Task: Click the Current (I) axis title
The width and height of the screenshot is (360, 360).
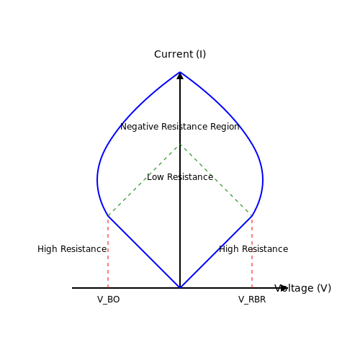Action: click(180, 54)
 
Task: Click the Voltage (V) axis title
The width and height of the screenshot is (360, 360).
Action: click(302, 288)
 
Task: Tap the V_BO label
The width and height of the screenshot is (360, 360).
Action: click(108, 300)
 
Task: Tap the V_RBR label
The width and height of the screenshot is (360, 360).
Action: click(252, 300)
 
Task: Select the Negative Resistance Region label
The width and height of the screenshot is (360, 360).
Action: click(180, 127)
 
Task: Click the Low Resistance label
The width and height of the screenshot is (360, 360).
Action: click(180, 177)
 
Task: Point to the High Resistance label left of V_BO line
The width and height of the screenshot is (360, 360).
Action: click(72, 249)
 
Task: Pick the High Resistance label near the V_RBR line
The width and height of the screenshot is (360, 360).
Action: click(253, 249)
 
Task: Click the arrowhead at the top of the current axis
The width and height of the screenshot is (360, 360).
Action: click(180, 76)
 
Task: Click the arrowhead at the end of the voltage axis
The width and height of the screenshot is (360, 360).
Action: click(284, 288)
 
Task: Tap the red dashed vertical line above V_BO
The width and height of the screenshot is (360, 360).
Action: click(108, 252)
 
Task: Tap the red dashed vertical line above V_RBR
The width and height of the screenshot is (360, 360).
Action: click(252, 252)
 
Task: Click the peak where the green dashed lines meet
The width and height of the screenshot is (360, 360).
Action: click(180, 144)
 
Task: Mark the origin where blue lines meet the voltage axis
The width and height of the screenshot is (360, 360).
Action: click(180, 288)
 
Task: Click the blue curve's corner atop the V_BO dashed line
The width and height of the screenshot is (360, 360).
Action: click(108, 216)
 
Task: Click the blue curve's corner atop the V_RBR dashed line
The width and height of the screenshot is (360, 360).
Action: click(252, 216)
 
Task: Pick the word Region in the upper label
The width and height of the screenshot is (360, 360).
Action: click(225, 127)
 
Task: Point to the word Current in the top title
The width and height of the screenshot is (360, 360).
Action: click(174, 54)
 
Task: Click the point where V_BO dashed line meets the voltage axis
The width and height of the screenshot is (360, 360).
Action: click(108, 288)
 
